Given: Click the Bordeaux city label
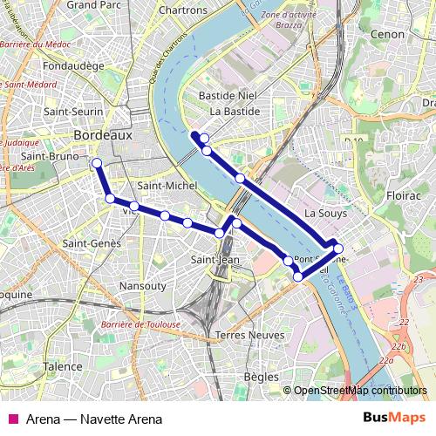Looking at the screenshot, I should click(103, 136).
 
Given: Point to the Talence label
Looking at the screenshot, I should click(63, 367).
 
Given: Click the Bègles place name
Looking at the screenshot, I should click(262, 377).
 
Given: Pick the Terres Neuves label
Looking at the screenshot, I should click(249, 335).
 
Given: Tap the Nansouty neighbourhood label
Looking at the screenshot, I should click(142, 285).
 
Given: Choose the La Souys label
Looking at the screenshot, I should click(326, 213).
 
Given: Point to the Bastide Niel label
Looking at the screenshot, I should click(233, 93).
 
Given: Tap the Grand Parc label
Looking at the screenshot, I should click(93, 5).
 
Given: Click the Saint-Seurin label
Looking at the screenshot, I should click(74, 112).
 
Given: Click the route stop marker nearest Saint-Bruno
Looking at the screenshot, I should click(96, 163).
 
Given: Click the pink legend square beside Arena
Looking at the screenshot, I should click(11, 419).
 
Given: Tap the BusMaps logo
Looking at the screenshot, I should click(395, 418).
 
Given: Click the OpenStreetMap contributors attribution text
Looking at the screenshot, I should click(359, 391).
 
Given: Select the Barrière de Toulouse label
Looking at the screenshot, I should click(140, 324).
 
